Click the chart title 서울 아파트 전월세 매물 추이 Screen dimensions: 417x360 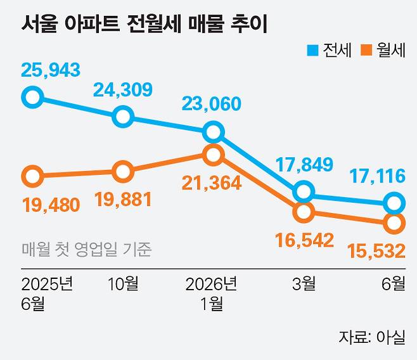(144, 24)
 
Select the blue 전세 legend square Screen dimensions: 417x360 (312, 51)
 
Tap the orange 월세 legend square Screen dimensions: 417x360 (366, 51)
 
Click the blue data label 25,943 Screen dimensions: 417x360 (51, 70)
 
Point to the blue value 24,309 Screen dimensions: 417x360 (122, 89)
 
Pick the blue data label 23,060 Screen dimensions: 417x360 (212, 104)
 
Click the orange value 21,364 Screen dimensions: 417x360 (212, 183)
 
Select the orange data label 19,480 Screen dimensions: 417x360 (51, 205)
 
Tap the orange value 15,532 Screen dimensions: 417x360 (376, 251)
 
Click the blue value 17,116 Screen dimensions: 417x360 (377, 176)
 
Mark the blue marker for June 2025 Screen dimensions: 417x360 (32, 97)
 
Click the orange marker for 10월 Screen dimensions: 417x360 (122, 172)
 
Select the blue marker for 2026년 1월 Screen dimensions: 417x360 (214, 132)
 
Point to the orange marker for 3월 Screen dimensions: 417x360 (304, 212)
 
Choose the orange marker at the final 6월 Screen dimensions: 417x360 (394, 223)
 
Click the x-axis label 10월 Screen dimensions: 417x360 (123, 284)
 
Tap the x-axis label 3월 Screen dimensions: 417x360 (304, 284)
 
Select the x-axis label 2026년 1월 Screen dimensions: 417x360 (212, 293)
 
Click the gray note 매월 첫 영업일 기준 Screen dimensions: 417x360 (86, 249)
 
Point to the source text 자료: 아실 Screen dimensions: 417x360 (372, 337)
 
